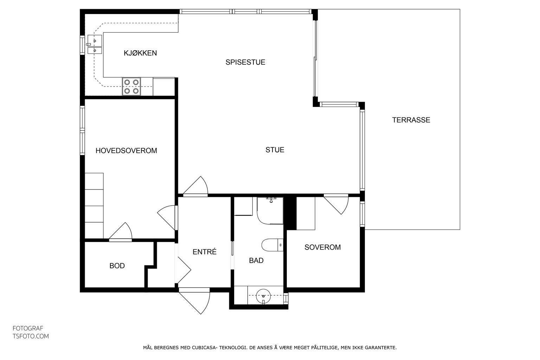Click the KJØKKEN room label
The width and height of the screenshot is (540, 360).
pyautogui.click(x=140, y=53)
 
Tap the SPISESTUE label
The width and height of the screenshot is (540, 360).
pyautogui.click(x=245, y=62)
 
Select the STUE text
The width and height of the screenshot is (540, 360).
pyautogui.click(x=275, y=150)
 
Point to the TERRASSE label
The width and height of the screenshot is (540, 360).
pyautogui.click(x=411, y=120)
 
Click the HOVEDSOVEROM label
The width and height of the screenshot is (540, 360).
pyautogui.click(x=126, y=150)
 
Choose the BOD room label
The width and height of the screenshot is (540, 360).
pyautogui.click(x=117, y=266)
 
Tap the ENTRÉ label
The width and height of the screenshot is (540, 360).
pyautogui.click(x=204, y=252)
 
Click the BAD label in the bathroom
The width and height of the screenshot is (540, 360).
pyautogui.click(x=256, y=261)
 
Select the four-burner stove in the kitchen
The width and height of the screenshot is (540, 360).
pyautogui.click(x=131, y=86)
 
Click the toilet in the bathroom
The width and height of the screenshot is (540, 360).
pyautogui.click(x=272, y=245)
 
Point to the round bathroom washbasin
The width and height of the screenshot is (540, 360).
pyautogui.click(x=263, y=296)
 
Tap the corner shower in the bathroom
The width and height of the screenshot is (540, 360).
pyautogui.click(x=270, y=211)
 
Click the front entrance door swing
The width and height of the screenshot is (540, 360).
pyautogui.click(x=194, y=301)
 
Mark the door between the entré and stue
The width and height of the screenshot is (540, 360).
pyautogui.click(x=195, y=186)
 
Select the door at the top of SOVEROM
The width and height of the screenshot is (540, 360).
pyautogui.click(x=336, y=204)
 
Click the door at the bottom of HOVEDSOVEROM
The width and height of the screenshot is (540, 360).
pyautogui.click(x=121, y=231)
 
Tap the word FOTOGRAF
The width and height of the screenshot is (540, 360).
pyautogui.click(x=28, y=328)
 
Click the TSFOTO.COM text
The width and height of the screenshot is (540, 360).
pyautogui.click(x=31, y=336)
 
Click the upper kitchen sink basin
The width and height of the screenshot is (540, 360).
pyautogui.click(x=95, y=40)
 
